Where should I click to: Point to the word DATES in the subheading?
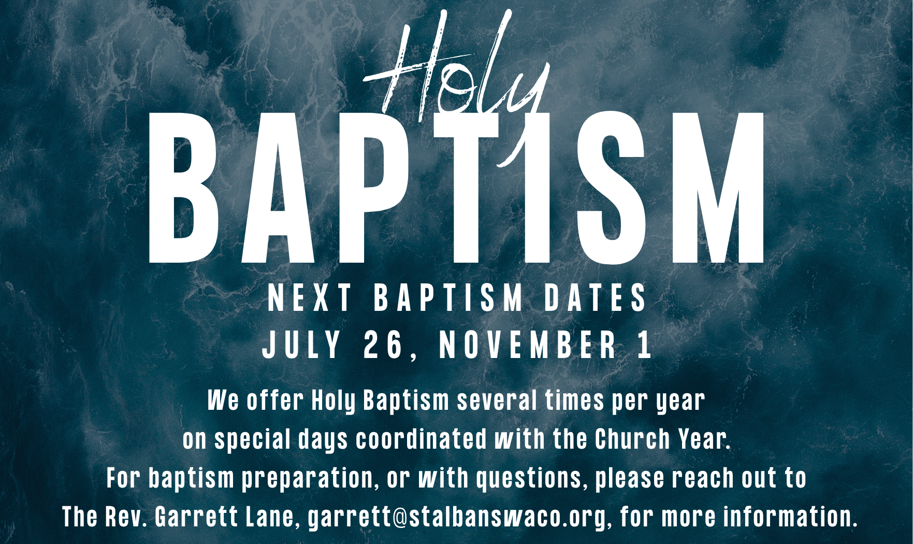tap(596, 298)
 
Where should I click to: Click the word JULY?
tap(302, 345)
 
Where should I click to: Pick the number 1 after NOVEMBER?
tap(645, 345)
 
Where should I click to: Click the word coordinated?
tap(422, 439)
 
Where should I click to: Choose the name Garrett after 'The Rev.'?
tap(196, 517)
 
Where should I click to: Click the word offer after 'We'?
tap(274, 400)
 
